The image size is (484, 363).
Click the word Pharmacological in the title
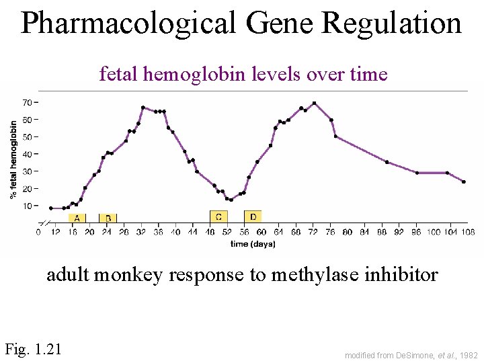128,24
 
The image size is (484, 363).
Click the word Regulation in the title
391,24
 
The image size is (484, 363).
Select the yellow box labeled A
77,218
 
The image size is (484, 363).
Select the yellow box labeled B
108,218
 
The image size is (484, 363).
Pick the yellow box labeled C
218,216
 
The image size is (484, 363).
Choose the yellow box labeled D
253,216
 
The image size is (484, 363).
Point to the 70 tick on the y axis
28,102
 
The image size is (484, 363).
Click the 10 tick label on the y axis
28,206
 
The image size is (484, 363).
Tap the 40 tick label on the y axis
28,154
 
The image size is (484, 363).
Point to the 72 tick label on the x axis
313,233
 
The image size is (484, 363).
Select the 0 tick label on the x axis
38,233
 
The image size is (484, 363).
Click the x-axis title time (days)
253,244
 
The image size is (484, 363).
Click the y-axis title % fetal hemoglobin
13,159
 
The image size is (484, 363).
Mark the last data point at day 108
463,182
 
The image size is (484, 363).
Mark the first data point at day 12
51,208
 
